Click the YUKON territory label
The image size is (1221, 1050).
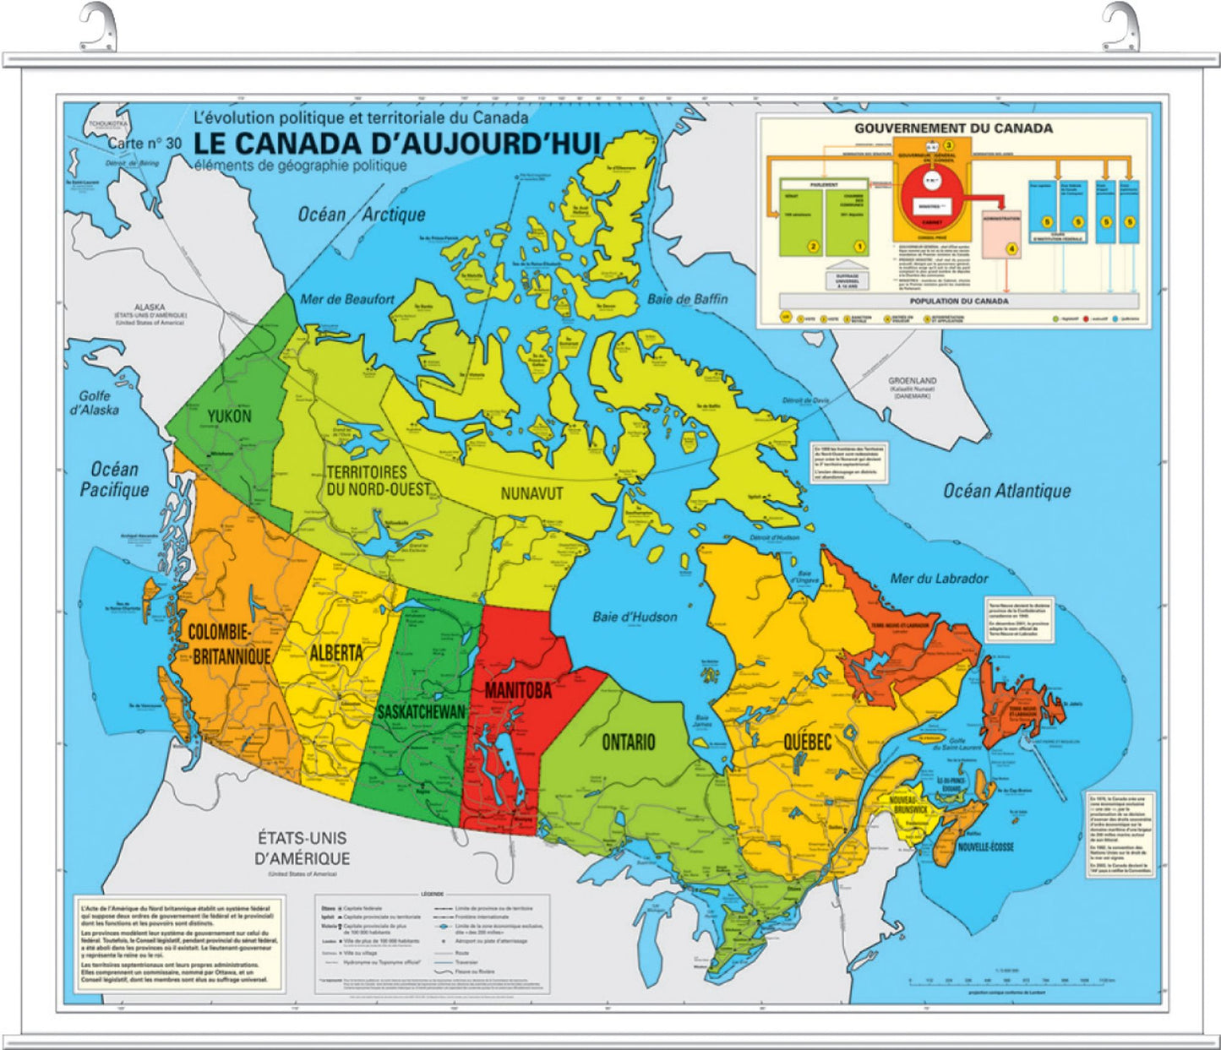pyautogui.click(x=229, y=416)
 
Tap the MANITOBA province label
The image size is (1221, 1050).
pyautogui.click(x=517, y=690)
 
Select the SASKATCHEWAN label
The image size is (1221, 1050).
pyautogui.click(x=421, y=712)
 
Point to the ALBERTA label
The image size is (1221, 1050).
pyautogui.click(x=335, y=653)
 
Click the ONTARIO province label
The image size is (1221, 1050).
pyautogui.click(x=628, y=743)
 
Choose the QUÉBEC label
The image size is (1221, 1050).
pyautogui.click(x=807, y=743)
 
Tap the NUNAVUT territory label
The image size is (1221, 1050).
pyautogui.click(x=531, y=493)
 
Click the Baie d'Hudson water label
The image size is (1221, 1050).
pyautogui.click(x=635, y=617)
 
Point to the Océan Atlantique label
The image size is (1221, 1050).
pyautogui.click(x=1006, y=491)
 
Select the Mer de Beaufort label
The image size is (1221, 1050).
pyautogui.click(x=347, y=299)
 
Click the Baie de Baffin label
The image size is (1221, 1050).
pyautogui.click(x=687, y=299)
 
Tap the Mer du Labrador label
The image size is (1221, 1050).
pyautogui.click(x=939, y=579)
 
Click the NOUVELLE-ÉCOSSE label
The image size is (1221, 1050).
pyautogui.click(x=985, y=846)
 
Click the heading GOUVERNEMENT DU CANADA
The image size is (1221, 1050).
pyautogui.click(x=953, y=128)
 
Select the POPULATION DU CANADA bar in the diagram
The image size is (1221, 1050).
pyautogui.click(x=958, y=301)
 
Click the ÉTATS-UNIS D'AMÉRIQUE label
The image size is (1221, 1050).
pyautogui.click(x=303, y=848)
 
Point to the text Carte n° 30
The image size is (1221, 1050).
pyautogui.click(x=144, y=144)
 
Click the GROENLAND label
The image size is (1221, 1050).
pyautogui.click(x=912, y=382)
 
